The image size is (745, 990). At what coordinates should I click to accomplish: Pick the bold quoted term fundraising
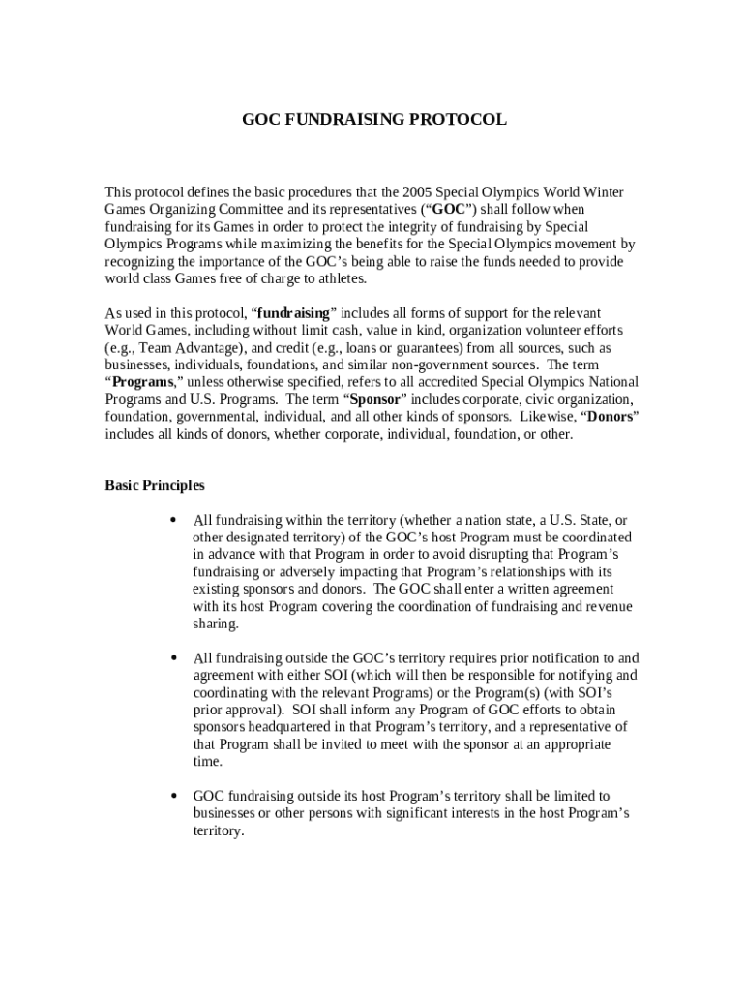point(294,314)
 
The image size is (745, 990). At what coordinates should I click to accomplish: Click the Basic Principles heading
point(155,486)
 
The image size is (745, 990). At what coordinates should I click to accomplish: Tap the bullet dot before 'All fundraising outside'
point(172,658)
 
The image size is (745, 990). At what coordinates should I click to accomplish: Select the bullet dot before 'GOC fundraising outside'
point(172,797)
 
